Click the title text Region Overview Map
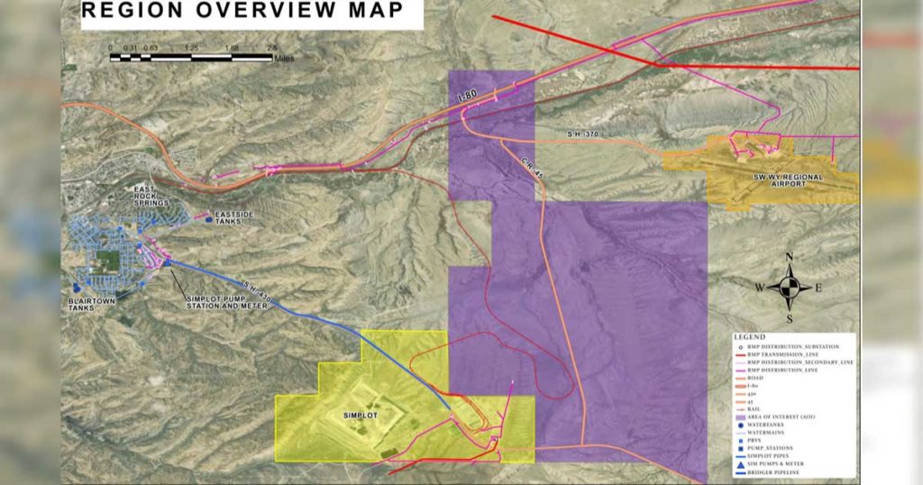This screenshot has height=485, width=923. [242, 12]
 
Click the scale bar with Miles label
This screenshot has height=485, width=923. [190, 58]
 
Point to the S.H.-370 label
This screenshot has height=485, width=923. [582, 134]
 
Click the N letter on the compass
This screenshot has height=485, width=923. [790, 257]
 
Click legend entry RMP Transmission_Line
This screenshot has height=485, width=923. [793, 356]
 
